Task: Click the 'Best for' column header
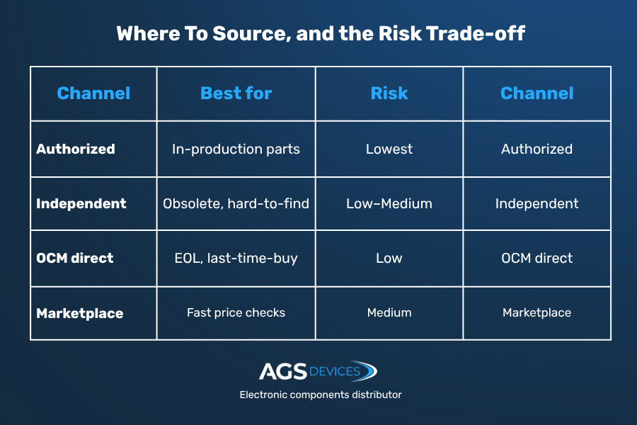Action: click(x=236, y=93)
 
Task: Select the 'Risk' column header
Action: click(x=389, y=93)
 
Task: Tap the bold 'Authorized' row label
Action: click(x=76, y=149)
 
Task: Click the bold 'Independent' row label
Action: click(x=81, y=203)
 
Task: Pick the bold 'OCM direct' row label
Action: click(x=75, y=258)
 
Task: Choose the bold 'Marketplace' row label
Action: click(x=79, y=313)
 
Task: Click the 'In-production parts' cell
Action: click(x=236, y=149)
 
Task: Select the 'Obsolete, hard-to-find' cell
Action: click(x=236, y=203)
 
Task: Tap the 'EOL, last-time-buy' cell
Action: click(x=236, y=259)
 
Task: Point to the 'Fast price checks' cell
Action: click(x=236, y=312)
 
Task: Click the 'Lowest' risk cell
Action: click(x=389, y=149)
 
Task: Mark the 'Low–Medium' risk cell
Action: click(x=389, y=203)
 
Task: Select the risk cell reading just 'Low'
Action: click(x=389, y=258)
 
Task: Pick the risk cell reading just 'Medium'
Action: click(x=389, y=312)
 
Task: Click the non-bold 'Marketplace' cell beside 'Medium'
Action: click(x=536, y=312)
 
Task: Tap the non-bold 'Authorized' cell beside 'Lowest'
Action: click(x=536, y=149)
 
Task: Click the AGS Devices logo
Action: click(x=318, y=371)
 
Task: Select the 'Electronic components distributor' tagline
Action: click(x=321, y=395)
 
